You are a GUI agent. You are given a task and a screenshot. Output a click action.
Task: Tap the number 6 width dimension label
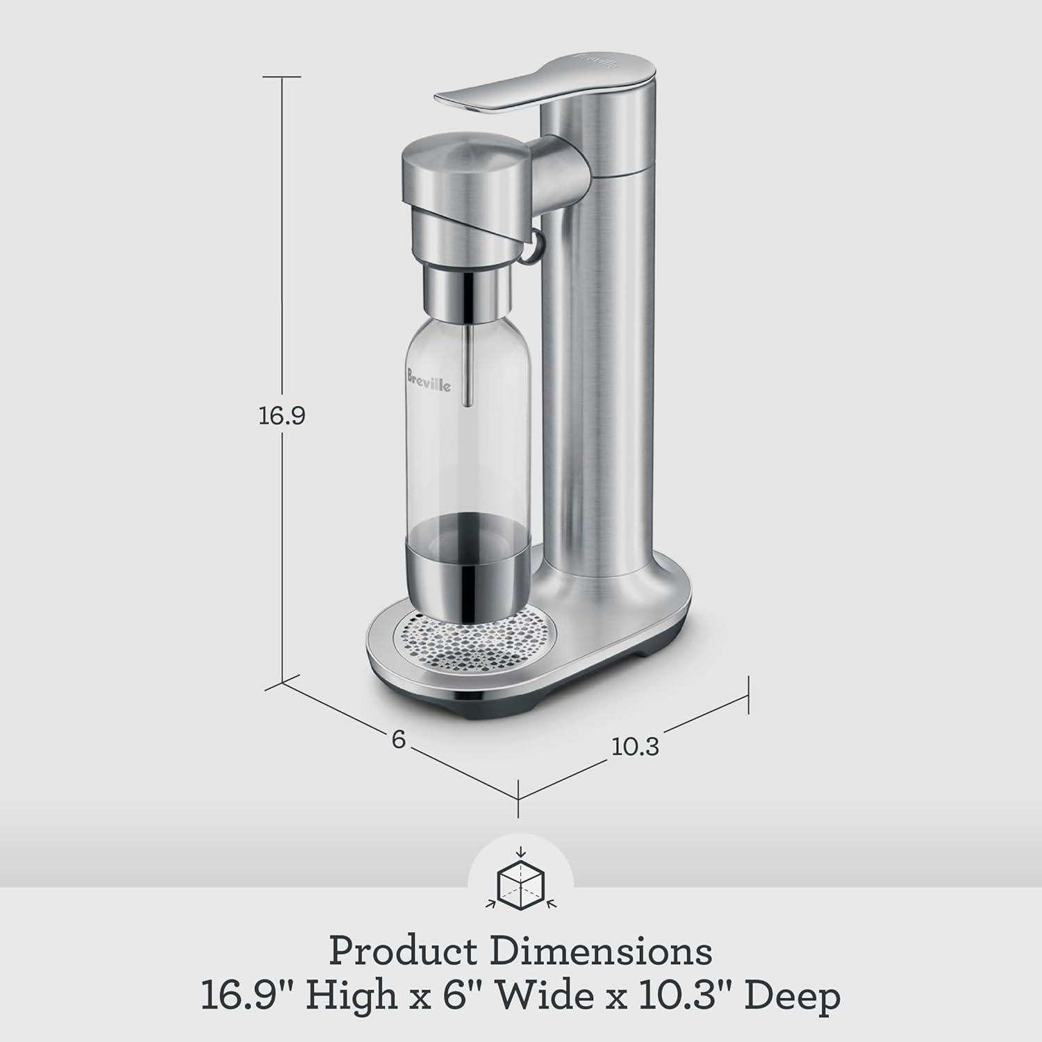pyautogui.click(x=398, y=739)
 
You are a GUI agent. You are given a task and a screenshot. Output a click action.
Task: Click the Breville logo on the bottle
pyautogui.click(x=428, y=380)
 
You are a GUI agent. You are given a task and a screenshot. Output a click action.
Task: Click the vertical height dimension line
pyautogui.click(x=282, y=278)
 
